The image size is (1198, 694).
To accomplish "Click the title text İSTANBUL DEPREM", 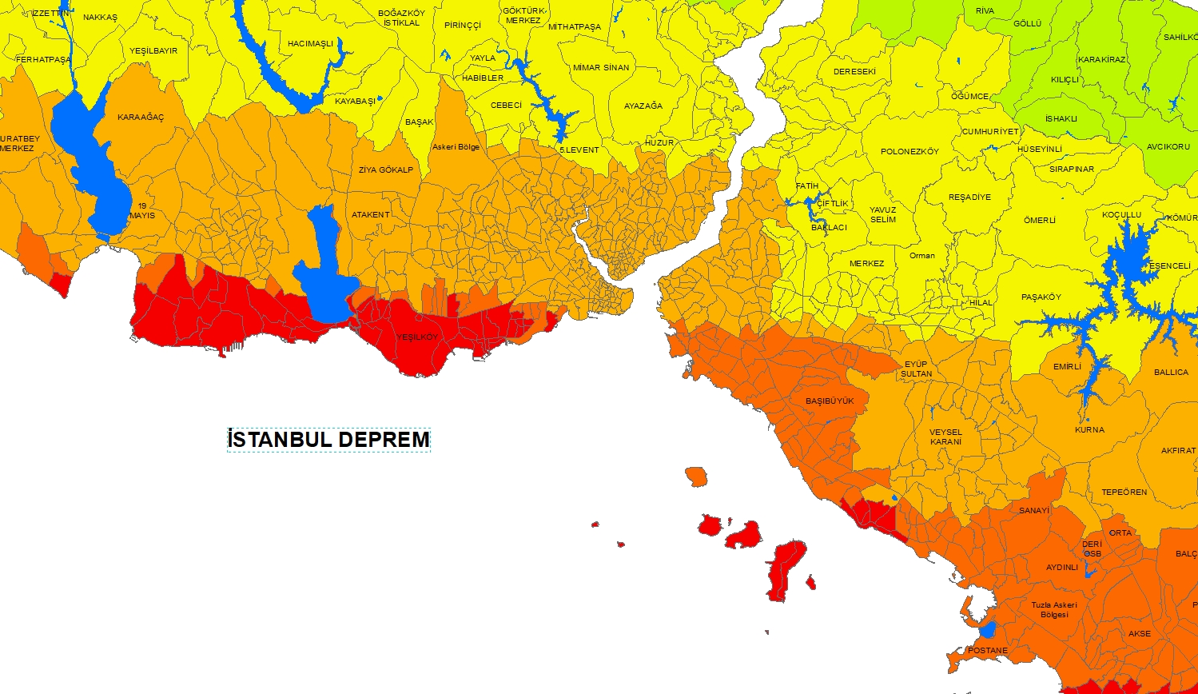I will (328, 440).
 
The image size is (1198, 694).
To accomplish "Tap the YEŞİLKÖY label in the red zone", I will (418, 337).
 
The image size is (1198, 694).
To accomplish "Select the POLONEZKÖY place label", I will (909, 152).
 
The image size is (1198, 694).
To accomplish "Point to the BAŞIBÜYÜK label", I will (830, 401).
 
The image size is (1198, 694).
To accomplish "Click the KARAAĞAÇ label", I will (141, 118).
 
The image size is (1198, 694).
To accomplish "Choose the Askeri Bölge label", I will (456, 147).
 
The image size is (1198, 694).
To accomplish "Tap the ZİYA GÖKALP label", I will (386, 170).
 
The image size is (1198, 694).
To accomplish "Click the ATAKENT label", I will (371, 215).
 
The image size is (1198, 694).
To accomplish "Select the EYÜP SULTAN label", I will (916, 369).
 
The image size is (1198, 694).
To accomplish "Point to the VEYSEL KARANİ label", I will (945, 437).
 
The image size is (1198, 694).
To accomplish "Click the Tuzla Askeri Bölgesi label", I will (1054, 609).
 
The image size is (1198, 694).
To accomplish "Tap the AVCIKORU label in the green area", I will (1168, 147).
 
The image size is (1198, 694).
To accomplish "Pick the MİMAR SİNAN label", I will (601, 68).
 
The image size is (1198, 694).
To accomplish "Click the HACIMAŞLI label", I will (310, 44).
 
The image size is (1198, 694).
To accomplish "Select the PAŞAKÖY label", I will (1041, 297).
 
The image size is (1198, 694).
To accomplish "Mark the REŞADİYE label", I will (969, 197).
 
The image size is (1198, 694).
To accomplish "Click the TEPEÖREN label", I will (1124, 493).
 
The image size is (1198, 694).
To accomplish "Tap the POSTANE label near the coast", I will (988, 651).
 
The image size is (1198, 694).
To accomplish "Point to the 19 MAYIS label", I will (142, 211).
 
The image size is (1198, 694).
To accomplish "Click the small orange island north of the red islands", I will (696, 477).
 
